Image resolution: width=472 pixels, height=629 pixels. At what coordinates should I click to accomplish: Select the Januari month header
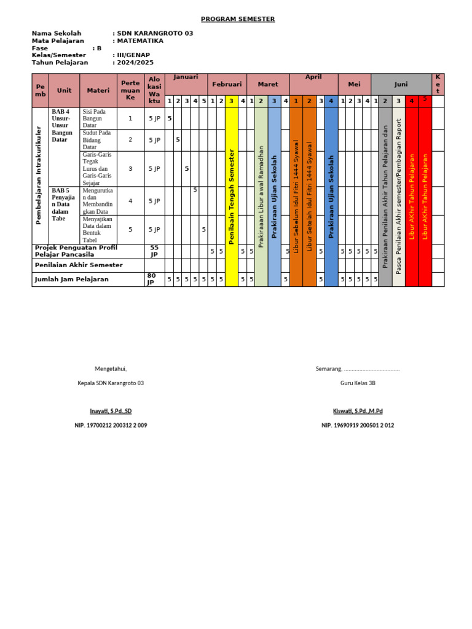(x=186, y=78)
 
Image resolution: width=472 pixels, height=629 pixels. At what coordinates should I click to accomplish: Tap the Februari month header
(x=227, y=84)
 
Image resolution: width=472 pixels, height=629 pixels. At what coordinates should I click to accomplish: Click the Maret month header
(x=268, y=84)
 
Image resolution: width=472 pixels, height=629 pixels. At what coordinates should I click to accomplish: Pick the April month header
(x=313, y=78)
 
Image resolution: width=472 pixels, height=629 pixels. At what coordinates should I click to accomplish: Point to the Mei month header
(x=354, y=84)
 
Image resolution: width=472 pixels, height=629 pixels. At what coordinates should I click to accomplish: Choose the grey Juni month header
(x=401, y=84)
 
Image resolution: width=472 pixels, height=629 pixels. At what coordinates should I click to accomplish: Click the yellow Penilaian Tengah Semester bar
(x=232, y=197)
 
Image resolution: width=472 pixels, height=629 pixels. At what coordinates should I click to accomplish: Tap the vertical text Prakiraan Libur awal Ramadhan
(x=261, y=197)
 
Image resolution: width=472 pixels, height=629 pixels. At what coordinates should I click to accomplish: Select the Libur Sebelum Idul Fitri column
(x=296, y=197)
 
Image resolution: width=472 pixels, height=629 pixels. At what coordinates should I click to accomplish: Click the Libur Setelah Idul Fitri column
(x=310, y=197)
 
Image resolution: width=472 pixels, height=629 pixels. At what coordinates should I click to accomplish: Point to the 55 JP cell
(x=154, y=251)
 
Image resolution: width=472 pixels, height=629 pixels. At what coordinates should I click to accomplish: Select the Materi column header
(x=98, y=90)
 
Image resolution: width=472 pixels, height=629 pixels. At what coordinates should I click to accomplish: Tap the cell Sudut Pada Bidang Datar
(x=98, y=140)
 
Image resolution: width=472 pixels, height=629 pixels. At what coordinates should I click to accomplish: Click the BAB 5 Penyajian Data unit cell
(x=64, y=205)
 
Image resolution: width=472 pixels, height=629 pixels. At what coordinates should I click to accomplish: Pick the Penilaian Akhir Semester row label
(x=79, y=265)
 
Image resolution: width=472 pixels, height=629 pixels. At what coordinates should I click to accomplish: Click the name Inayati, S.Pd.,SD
(x=111, y=411)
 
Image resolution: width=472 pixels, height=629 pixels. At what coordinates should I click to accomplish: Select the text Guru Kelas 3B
(x=358, y=383)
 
